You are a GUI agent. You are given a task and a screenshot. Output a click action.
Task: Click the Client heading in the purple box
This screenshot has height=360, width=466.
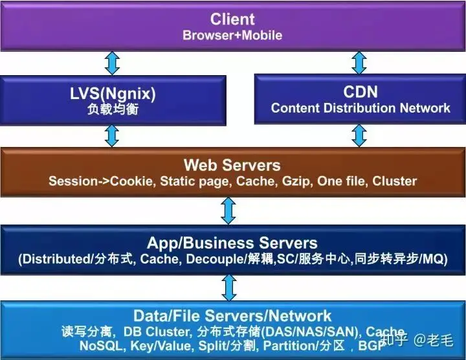click(x=232, y=19)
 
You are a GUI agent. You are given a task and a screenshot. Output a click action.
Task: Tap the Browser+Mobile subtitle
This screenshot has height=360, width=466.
click(x=232, y=35)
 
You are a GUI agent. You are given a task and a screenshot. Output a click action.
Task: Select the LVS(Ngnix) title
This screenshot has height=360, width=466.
click(x=113, y=93)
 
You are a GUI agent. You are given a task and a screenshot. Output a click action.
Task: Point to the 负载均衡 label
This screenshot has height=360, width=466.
click(x=113, y=109)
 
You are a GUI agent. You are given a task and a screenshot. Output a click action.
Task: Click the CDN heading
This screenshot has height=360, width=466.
click(x=360, y=93)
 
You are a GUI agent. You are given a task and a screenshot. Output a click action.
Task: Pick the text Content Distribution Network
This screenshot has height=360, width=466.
click(x=360, y=108)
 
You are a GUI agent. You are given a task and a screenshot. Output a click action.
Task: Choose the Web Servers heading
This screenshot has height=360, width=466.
click(x=232, y=164)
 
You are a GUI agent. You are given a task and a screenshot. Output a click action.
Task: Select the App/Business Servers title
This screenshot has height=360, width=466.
click(x=232, y=243)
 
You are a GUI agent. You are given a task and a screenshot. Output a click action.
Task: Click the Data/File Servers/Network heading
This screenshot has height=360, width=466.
click(x=232, y=316)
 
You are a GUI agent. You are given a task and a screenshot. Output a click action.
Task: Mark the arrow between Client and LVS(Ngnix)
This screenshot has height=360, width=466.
click(x=113, y=63)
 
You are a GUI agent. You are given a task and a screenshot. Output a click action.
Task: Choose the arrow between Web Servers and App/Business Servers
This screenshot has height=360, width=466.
click(x=228, y=210)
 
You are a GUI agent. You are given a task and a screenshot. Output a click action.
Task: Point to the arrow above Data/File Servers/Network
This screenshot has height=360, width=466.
click(x=228, y=286)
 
